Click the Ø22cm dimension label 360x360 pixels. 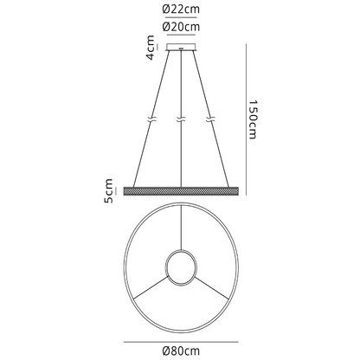(180, 10)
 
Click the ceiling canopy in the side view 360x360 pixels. (180, 49)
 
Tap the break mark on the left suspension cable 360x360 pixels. (151, 119)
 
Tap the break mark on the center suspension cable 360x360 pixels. (180, 119)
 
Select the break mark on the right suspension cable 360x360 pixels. (209, 119)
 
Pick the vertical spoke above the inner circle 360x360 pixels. (180, 229)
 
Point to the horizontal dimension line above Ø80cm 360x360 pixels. (180, 338)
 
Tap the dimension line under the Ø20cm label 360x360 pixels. (180, 38)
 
